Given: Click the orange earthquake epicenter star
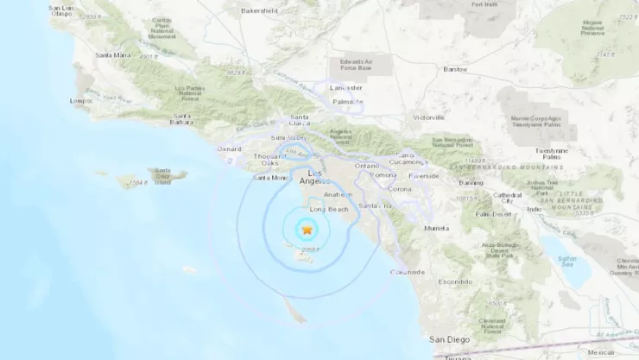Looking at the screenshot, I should click(x=306, y=229).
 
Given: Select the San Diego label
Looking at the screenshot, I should click(x=449, y=340).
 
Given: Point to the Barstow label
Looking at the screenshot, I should click(x=455, y=69).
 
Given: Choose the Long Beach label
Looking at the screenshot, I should click(x=327, y=209).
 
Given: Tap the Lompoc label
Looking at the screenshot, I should click(x=82, y=100).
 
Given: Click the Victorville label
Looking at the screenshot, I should click(x=428, y=117).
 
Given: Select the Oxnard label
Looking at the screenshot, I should click(x=229, y=148).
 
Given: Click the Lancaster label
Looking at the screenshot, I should click(x=346, y=88).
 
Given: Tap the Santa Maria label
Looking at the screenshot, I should click(x=112, y=55).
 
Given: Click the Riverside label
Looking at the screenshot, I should click(x=424, y=175).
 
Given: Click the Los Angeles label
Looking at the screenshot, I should click(x=310, y=177).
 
